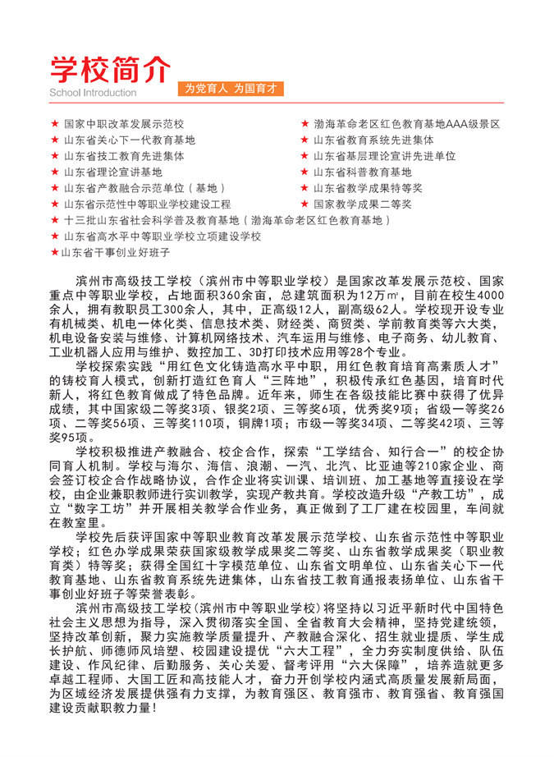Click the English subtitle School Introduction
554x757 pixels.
93,93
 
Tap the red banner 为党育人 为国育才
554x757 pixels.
231,88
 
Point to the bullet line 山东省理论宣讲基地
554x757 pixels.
113,172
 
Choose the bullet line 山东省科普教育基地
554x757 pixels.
362,172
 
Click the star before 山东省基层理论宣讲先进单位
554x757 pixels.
304,156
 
